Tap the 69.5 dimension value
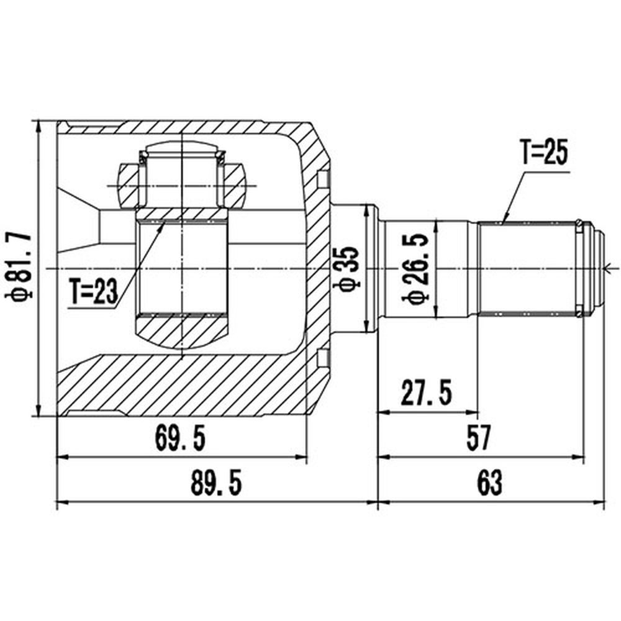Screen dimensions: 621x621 (181, 438)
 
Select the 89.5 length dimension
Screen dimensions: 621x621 (216, 483)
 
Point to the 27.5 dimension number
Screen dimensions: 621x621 (426, 392)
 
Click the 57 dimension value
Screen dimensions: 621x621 (479, 438)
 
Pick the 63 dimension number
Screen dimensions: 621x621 (489, 483)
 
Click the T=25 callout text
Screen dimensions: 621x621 (544, 152)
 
